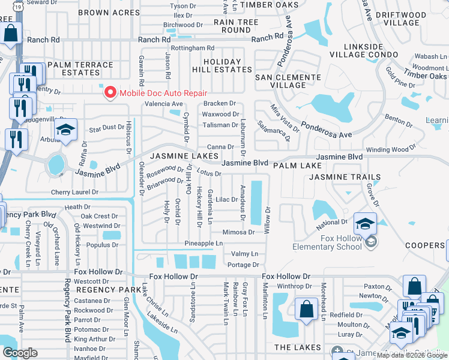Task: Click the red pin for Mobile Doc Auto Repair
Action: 110,92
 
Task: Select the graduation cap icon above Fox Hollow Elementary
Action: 364,224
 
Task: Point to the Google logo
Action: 20,353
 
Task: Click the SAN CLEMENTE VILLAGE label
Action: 288,81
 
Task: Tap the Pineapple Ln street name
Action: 203,243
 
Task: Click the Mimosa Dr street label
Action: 238,232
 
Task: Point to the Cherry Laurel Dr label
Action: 74,192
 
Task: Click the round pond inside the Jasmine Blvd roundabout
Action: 56,163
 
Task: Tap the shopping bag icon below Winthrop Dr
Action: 306,310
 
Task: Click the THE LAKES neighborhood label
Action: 295,348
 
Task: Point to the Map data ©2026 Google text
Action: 412,355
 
